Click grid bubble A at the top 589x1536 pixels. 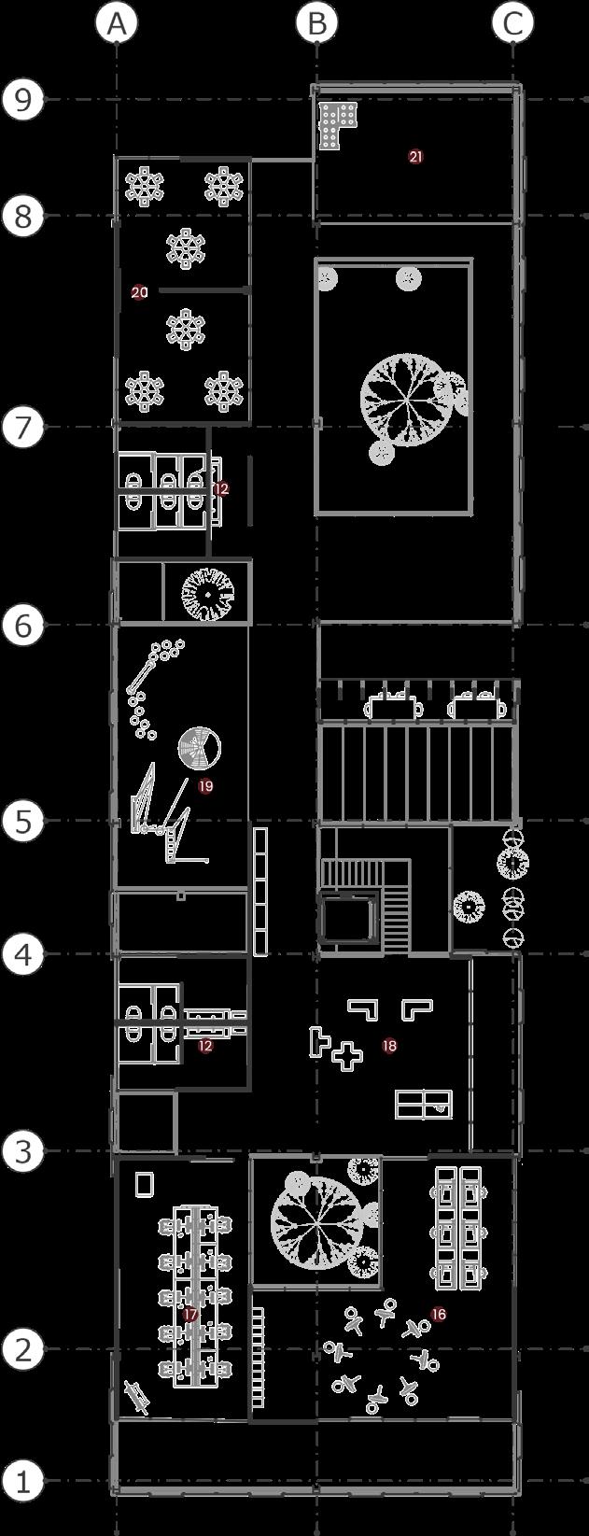[116, 24]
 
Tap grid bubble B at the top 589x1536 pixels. [316, 24]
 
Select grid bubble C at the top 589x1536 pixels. [513, 24]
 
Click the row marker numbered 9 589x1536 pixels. [22, 99]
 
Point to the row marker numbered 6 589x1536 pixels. [22, 625]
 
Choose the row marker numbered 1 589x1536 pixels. [22, 1481]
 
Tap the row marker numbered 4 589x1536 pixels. [22, 954]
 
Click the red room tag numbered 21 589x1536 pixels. [415, 157]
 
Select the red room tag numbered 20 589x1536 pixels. [139, 292]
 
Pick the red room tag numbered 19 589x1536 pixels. [205, 786]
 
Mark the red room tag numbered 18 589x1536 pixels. [389, 1046]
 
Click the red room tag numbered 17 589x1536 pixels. [190, 1315]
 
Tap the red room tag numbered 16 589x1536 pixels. [438, 1315]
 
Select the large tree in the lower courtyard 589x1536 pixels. [316, 1218]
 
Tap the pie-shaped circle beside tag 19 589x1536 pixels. [200, 748]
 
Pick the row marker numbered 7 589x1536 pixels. [22, 428]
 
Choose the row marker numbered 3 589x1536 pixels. [22, 1151]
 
